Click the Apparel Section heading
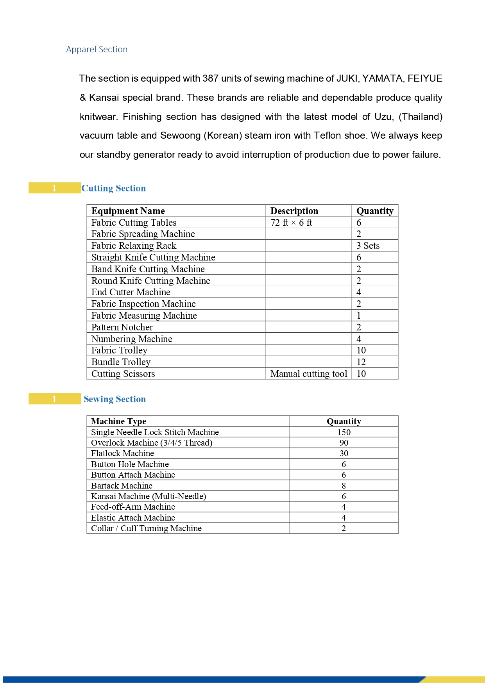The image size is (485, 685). pyautogui.click(x=97, y=50)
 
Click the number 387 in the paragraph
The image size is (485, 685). pyautogui.click(x=210, y=78)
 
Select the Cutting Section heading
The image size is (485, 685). pyautogui.click(x=113, y=188)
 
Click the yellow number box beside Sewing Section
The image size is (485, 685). pyautogui.click(x=54, y=399)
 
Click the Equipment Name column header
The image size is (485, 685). pyautogui.click(x=128, y=211)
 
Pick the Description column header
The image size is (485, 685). pyautogui.click(x=294, y=211)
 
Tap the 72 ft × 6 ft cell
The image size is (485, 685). pyautogui.click(x=292, y=223)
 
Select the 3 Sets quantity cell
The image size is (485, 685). pyautogui.click(x=368, y=246)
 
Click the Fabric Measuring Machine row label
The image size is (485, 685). pyautogui.click(x=144, y=316)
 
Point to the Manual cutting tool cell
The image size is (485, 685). pyautogui.click(x=309, y=374)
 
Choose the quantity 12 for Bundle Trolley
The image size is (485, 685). pyautogui.click(x=361, y=362)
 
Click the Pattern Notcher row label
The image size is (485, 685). pyautogui.click(x=122, y=327)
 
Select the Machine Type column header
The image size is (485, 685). pyautogui.click(x=118, y=421)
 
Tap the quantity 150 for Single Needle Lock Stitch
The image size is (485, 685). pyautogui.click(x=344, y=432)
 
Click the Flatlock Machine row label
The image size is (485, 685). pyautogui.click(x=122, y=453)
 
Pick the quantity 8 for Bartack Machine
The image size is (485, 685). pyautogui.click(x=344, y=486)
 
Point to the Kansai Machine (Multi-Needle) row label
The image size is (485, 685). pyautogui.click(x=149, y=496)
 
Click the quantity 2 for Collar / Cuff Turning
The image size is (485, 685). pyautogui.click(x=344, y=528)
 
